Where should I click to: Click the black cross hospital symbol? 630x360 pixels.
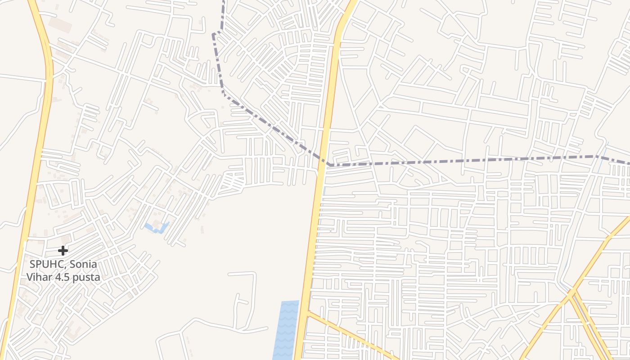coord(63,250)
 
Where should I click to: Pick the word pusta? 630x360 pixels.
coord(89,277)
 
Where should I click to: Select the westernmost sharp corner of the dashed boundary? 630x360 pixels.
coord(213,33)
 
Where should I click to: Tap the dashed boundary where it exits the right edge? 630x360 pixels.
coord(628,163)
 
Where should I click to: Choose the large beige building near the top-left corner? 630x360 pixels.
coord(60,25)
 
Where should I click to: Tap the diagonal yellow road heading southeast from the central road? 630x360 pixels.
coord(351,335)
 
